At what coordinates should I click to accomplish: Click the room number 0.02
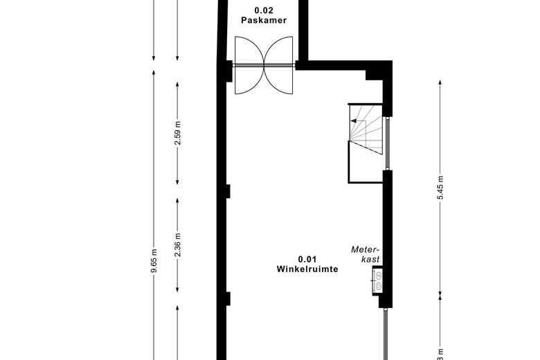tap(264, 11)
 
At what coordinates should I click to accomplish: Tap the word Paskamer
tap(264, 21)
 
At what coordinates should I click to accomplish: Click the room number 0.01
tap(307, 259)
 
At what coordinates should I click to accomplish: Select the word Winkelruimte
tap(307, 269)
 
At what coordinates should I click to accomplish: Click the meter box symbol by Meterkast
tap(379, 279)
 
